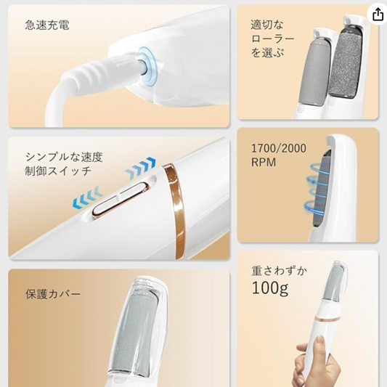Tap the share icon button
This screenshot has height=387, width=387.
[x=378, y=15]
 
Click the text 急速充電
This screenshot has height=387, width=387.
[x=47, y=25]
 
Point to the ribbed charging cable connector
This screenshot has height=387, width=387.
[x=104, y=70]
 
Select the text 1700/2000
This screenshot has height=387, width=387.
[x=279, y=148]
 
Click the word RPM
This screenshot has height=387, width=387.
[x=264, y=163]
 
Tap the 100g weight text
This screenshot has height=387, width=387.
[x=270, y=288]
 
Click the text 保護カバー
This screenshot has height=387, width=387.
[x=53, y=294]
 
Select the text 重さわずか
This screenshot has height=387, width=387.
[x=280, y=271]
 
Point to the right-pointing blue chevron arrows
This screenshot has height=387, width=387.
[x=140, y=168]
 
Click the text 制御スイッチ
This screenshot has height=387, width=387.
[x=58, y=171]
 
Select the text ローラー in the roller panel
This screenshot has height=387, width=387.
[x=273, y=38]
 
